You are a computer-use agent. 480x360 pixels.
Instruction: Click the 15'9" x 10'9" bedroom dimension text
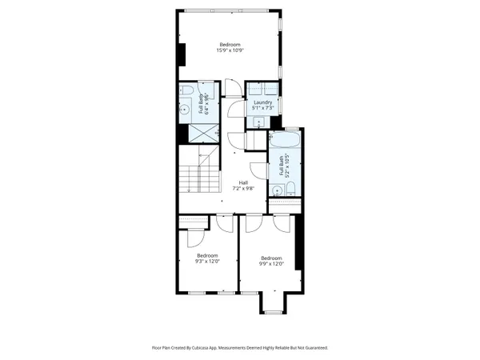tap(230, 50)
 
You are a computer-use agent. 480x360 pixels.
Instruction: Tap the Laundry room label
tap(263, 102)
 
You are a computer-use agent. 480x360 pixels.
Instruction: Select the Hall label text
tap(243, 182)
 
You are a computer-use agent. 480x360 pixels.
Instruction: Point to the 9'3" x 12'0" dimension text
tap(207, 261)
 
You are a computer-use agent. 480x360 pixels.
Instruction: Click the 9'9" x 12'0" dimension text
tap(271, 262)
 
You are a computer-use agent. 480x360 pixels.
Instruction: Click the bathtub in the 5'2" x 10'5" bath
tap(285, 141)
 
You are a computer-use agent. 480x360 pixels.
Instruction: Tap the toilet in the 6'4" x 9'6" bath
tap(184, 89)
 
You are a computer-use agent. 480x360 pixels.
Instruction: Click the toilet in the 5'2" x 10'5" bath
tap(290, 189)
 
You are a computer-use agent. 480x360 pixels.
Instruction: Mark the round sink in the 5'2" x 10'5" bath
tap(276, 190)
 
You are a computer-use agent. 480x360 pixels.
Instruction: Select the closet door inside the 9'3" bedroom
tap(194, 238)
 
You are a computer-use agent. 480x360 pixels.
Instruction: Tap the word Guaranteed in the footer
tap(313, 348)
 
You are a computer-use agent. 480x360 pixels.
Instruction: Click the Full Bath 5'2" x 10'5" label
tap(282, 167)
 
